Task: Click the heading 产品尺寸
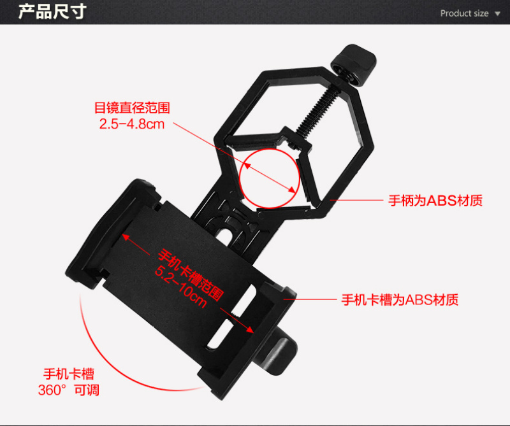click(x=52, y=11)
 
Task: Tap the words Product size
click(x=464, y=13)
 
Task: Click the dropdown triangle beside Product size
click(x=497, y=13)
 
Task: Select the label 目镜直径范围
click(x=132, y=108)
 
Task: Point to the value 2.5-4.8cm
click(x=132, y=124)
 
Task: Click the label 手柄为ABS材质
click(x=435, y=201)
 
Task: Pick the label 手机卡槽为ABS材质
click(x=400, y=299)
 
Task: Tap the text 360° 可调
click(x=69, y=390)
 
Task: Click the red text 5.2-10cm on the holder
click(x=180, y=287)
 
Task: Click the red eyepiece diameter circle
click(x=269, y=178)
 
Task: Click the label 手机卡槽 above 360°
click(x=69, y=374)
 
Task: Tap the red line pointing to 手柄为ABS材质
click(x=357, y=200)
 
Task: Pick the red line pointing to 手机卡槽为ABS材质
click(x=310, y=299)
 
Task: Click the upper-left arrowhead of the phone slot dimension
click(x=126, y=238)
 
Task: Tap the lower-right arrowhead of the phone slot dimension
click(x=249, y=329)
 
